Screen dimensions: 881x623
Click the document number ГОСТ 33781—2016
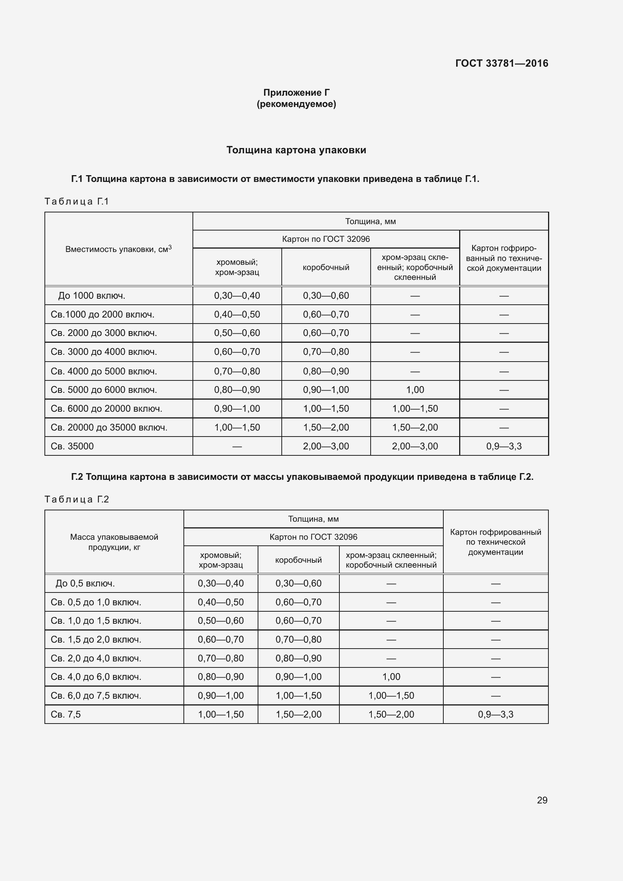click(501, 63)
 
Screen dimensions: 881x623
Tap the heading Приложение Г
click(296, 93)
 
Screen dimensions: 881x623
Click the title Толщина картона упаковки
click(296, 150)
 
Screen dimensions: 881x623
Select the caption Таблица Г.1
click(77, 202)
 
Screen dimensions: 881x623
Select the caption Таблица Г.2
click(77, 499)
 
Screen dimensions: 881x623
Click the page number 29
click(542, 800)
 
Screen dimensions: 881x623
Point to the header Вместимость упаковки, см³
click(119, 249)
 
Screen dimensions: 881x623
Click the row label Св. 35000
click(72, 446)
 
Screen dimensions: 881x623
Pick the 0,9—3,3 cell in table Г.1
click(504, 446)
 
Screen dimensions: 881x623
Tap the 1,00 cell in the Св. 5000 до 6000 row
click(415, 390)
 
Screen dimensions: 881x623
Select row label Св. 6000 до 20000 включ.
click(106, 409)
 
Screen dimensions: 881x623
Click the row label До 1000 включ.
click(92, 296)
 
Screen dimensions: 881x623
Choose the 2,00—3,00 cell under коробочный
click(326, 446)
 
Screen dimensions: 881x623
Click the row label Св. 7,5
click(66, 715)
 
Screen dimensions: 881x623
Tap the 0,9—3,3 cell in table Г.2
click(495, 715)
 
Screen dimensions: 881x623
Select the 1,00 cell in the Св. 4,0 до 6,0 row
click(391, 677)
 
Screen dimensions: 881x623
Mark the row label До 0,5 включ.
click(85, 583)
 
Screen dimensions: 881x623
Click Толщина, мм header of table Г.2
click(313, 519)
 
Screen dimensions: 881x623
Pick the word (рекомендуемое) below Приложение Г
click(296, 104)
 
